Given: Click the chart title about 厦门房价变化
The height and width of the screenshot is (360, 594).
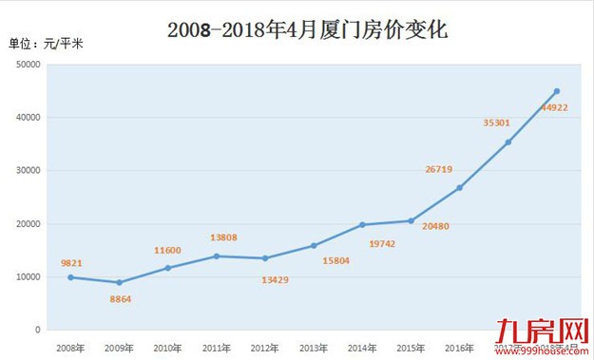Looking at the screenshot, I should [x=307, y=29].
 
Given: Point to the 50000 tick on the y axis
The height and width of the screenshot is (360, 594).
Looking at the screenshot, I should [x=28, y=65].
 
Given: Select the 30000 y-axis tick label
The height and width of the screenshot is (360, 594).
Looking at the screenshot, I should [x=28, y=171].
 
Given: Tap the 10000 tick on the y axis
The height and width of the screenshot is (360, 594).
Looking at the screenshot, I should [x=28, y=277].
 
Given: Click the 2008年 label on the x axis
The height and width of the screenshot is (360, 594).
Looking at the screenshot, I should [x=69, y=349].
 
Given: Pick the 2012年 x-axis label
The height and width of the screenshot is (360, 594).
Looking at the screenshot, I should [x=264, y=349].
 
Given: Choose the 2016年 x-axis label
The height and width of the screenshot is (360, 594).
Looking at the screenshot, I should [x=460, y=349].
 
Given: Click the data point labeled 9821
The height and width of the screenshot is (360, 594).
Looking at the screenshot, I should [x=70, y=277].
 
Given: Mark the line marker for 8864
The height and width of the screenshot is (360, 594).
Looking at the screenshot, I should [x=119, y=282].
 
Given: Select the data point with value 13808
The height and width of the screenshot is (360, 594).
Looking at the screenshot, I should [x=217, y=256].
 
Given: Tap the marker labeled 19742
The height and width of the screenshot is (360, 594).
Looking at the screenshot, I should [x=362, y=225].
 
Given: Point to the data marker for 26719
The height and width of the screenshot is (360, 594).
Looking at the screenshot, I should [x=460, y=188].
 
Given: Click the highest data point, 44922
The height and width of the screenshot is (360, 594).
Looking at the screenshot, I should [x=557, y=91].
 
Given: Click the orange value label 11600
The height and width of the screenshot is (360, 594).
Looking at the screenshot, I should [x=168, y=250].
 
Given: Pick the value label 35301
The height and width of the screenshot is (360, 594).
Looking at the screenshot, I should [x=497, y=123].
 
